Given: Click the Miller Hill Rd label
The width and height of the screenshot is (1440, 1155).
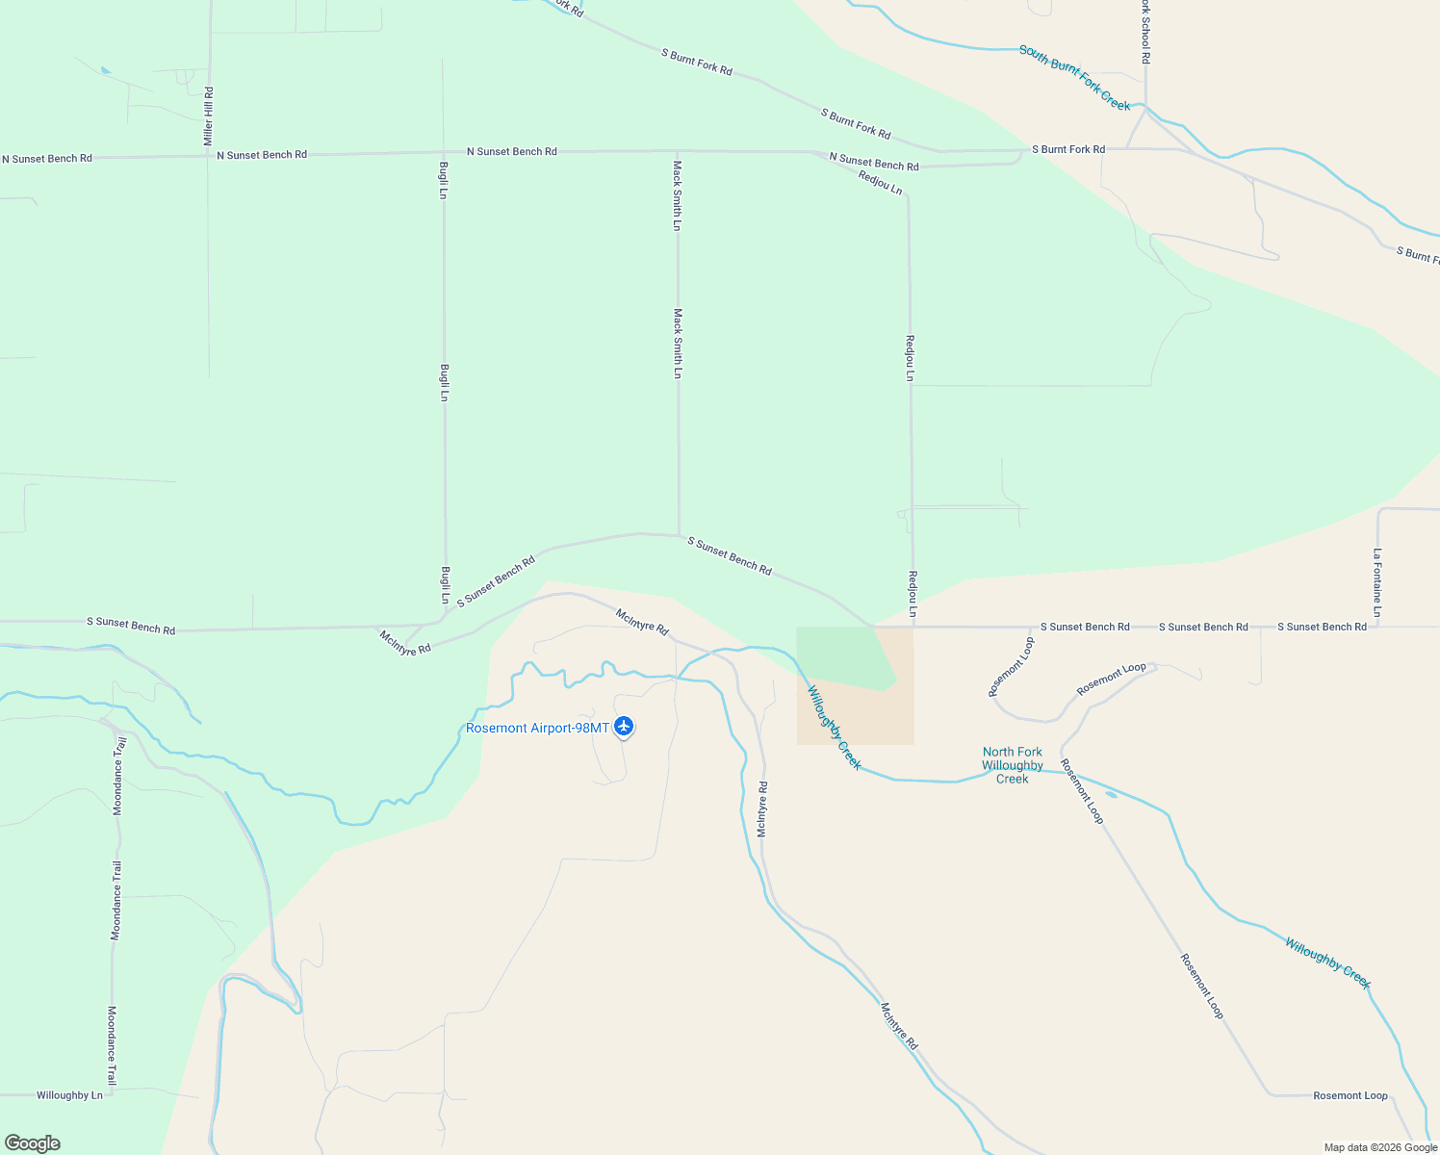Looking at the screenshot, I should [209, 116].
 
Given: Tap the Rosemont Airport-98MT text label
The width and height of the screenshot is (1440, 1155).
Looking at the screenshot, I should [537, 728].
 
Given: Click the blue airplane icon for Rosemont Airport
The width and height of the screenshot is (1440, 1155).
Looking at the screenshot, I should [624, 726].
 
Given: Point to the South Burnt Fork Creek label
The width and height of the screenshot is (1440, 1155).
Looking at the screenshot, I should [1074, 77].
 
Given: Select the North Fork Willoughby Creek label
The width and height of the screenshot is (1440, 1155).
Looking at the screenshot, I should [1013, 765].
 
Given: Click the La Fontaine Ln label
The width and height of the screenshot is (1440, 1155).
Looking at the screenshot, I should [1377, 582].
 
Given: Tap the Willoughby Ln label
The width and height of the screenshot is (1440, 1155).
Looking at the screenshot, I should [69, 1095].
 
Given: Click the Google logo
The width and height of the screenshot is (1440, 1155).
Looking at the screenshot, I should [33, 1143].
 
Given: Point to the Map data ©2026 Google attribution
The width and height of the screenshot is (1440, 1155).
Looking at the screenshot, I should [1380, 1147].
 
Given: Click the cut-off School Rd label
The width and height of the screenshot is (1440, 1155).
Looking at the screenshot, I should [1144, 32].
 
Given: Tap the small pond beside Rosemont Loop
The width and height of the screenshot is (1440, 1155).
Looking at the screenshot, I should [1111, 795].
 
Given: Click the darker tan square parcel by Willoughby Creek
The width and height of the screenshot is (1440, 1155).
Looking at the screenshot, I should [856, 712].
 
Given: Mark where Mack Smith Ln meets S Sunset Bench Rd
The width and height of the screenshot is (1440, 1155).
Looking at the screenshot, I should [679, 535].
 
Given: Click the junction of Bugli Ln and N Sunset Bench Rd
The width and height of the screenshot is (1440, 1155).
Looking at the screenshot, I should [443, 152].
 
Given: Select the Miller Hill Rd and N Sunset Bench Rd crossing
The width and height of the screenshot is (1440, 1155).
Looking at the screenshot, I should [208, 154].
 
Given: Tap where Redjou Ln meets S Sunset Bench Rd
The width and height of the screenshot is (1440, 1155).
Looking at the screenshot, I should [913, 627].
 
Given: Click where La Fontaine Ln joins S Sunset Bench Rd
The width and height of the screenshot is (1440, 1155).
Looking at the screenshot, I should [1377, 627].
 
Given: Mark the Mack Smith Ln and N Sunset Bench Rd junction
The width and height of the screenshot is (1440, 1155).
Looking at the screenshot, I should [678, 151].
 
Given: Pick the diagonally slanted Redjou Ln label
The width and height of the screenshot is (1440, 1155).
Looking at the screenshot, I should [880, 183].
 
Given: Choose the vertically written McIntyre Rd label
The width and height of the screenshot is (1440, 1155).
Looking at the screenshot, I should [761, 808].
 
